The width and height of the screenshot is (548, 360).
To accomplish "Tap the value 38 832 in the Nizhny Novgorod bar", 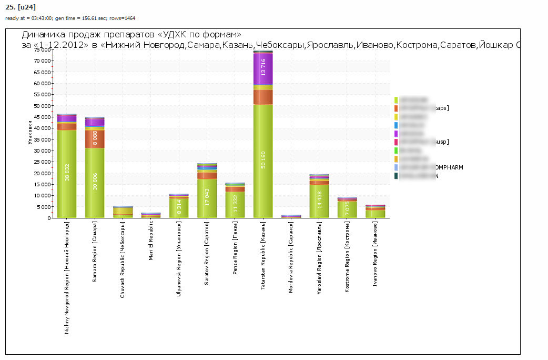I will (67, 172).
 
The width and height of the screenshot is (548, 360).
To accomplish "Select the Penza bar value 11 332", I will (235, 202).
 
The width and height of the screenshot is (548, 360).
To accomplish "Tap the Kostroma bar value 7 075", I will (347, 209).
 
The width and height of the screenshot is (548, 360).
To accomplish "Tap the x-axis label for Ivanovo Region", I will (375, 254).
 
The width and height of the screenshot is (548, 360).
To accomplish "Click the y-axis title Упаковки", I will (30, 134).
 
